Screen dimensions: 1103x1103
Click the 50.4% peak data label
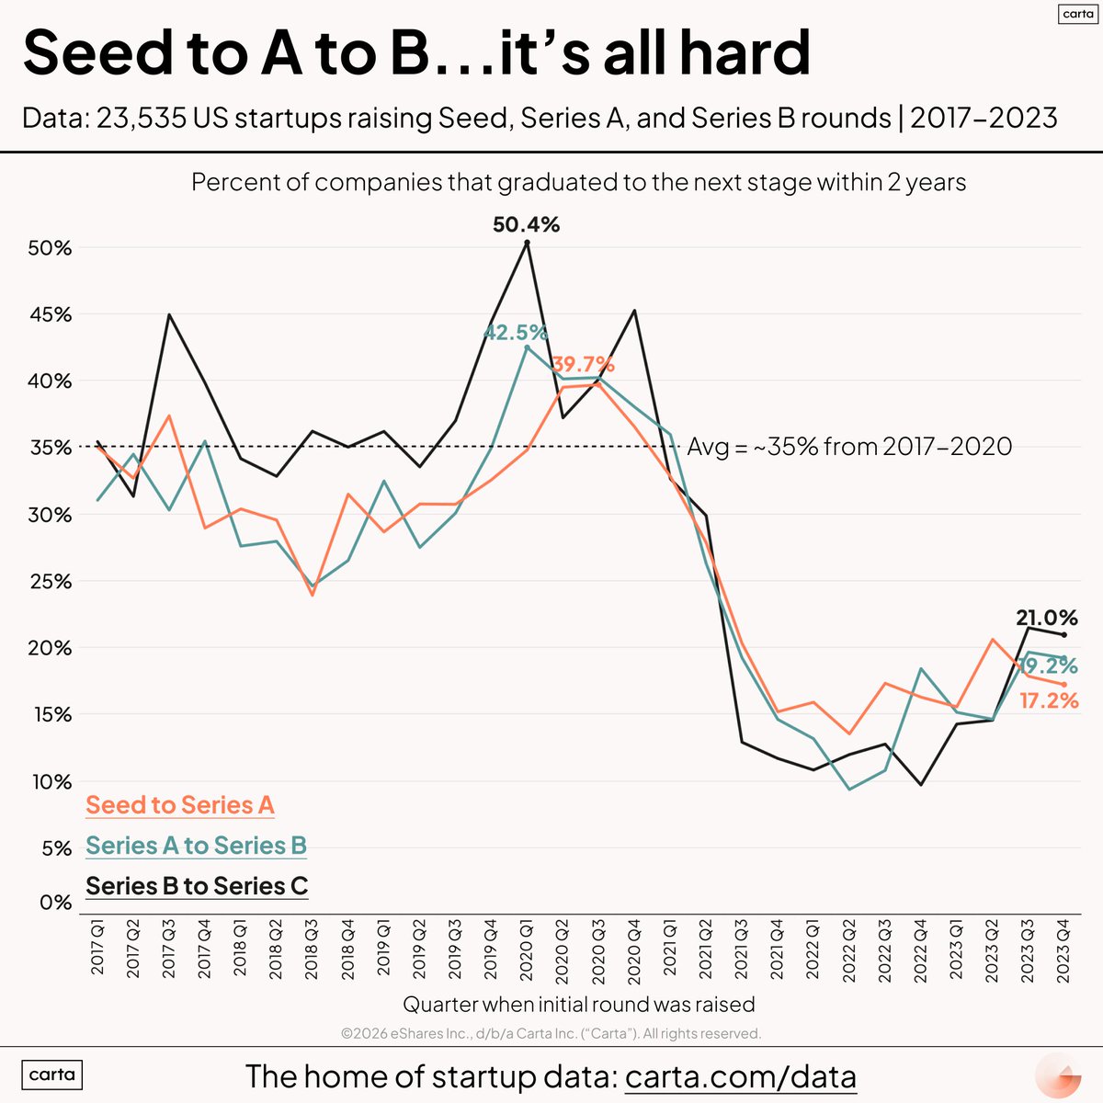[x=526, y=224]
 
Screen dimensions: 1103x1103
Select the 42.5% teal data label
[x=515, y=332]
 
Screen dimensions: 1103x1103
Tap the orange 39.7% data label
[x=583, y=364]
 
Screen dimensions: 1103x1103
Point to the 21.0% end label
[x=1046, y=618]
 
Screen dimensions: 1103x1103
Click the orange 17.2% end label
[x=1049, y=701]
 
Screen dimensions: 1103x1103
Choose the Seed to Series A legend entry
[x=180, y=805]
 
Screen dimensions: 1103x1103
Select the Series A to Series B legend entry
[x=196, y=846]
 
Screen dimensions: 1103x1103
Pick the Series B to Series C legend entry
[x=197, y=886]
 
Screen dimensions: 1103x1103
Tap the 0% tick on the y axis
[x=55, y=903]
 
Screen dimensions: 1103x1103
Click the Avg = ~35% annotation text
[x=849, y=447]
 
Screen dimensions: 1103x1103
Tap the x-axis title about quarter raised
[x=579, y=1004]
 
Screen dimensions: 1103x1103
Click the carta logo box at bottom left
[x=52, y=1075]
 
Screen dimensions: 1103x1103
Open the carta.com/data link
[x=740, y=1076]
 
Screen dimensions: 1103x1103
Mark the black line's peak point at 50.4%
[x=527, y=243]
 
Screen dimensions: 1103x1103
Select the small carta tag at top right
[x=1077, y=14]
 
